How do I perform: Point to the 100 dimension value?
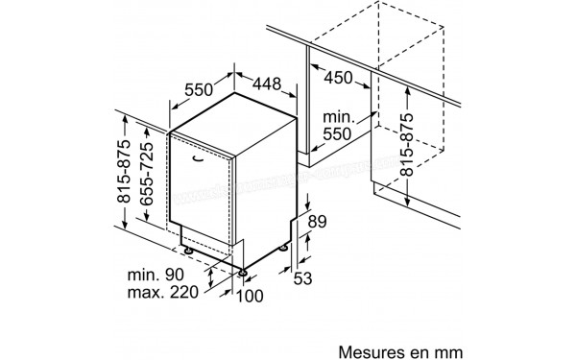[x=248, y=296]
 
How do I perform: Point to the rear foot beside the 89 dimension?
[x=287, y=246]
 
